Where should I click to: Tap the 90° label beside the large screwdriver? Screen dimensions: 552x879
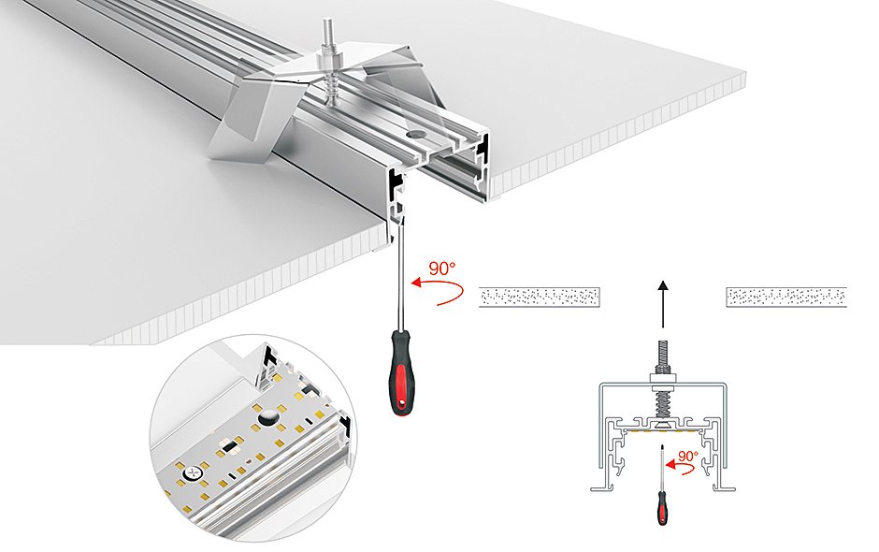(x=441, y=269)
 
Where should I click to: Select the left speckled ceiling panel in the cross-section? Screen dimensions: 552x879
(x=539, y=298)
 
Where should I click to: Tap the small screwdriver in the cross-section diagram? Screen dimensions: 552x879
(x=662, y=496)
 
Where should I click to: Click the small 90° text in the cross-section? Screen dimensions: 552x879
(x=687, y=457)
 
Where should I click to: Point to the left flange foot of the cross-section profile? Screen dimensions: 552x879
(x=598, y=487)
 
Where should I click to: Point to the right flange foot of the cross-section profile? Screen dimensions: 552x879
(x=728, y=487)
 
